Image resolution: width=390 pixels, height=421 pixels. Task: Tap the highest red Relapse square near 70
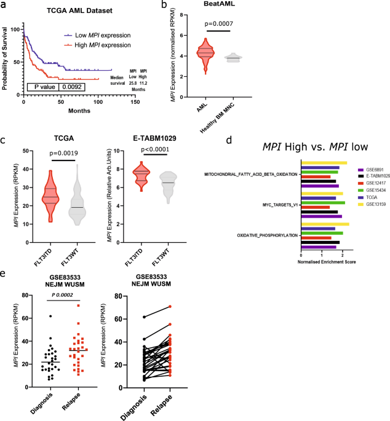(x=79, y=305)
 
